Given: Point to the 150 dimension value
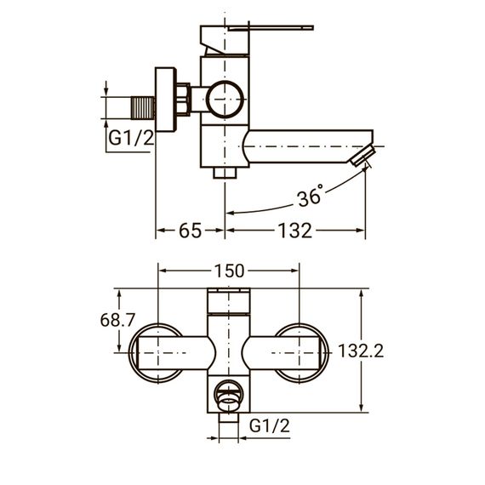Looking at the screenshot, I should click(229, 271).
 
